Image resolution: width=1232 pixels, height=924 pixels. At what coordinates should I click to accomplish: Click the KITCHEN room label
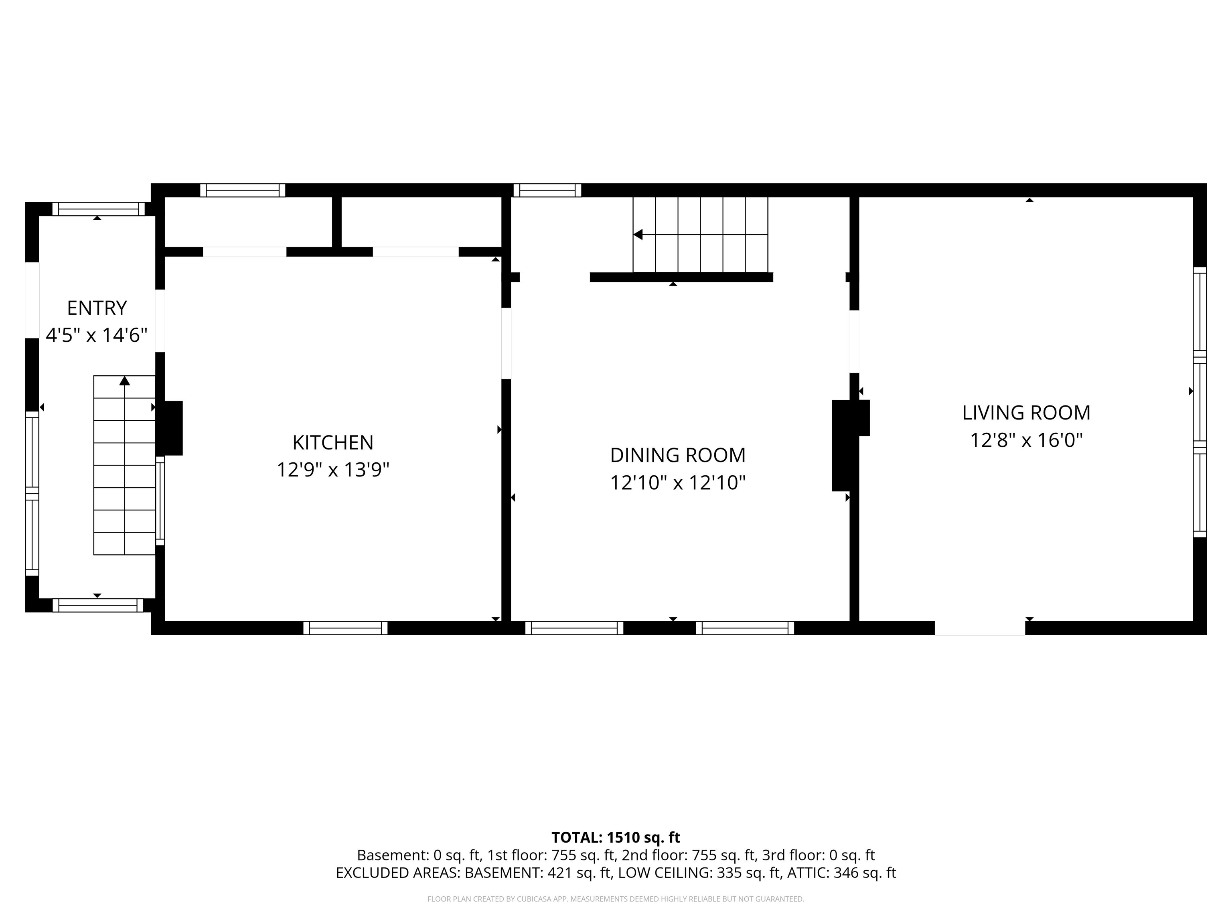(333, 442)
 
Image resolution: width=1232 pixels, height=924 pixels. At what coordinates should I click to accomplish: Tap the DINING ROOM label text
(678, 455)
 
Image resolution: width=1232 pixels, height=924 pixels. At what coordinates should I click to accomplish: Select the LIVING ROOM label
(1027, 413)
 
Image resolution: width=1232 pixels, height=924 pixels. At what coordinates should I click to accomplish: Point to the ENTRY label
(97, 308)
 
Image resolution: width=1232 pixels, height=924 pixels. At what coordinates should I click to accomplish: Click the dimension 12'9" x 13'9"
(333, 470)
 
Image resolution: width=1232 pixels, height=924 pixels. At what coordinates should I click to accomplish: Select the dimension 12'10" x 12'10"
(678, 482)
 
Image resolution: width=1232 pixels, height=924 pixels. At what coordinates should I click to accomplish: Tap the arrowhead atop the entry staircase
(125, 381)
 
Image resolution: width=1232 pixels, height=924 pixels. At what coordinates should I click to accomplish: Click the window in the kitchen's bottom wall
(345, 628)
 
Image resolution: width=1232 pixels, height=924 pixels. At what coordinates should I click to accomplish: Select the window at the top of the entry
(99, 209)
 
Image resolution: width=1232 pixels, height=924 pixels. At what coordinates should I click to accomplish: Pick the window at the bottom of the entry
(98, 606)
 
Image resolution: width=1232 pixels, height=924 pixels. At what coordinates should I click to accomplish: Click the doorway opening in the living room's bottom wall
(980, 628)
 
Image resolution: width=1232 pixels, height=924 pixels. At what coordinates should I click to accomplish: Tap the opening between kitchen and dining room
(506, 344)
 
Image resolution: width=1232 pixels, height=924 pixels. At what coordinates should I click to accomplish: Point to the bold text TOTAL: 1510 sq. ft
(616, 837)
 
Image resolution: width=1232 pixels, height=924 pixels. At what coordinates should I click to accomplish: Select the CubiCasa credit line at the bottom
(616, 899)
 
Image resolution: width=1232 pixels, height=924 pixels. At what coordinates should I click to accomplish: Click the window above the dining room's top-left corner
(547, 190)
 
